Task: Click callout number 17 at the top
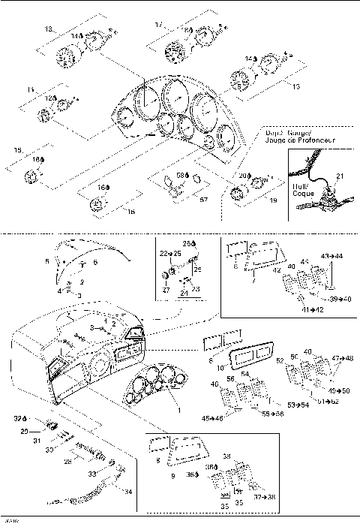coord(158,25)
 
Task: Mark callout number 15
coord(17,151)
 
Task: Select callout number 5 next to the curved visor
coord(46,261)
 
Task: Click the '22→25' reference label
coord(165,255)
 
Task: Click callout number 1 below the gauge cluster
coord(178,411)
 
